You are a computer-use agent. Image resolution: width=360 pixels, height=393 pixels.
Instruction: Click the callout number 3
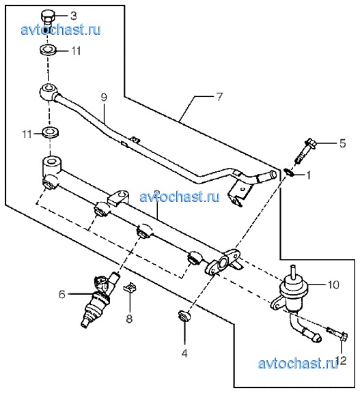[x=73, y=16]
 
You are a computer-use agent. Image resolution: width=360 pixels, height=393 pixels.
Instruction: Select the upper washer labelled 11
[x=48, y=49]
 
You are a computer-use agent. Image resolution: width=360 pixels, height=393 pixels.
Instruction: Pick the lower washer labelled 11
[x=51, y=132]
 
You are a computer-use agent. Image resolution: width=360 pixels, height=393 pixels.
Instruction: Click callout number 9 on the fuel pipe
[x=104, y=98]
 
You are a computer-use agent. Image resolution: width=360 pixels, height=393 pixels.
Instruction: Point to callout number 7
[x=219, y=97]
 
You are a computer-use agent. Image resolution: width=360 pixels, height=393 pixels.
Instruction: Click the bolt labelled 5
[x=305, y=151]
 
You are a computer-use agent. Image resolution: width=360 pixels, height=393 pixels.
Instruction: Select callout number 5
[x=342, y=143]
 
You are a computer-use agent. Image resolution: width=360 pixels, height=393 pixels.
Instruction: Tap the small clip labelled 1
[x=289, y=173]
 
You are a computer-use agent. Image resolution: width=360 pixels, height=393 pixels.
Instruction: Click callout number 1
[x=309, y=175]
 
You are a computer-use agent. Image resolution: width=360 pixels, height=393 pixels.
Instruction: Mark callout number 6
[x=62, y=294]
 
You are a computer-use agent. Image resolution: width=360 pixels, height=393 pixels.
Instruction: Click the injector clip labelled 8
[x=130, y=287]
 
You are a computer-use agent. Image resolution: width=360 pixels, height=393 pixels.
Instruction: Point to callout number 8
[x=129, y=319]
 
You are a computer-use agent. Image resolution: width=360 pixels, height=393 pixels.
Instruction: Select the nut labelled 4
[x=184, y=315]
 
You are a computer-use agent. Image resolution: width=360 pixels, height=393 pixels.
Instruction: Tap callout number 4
[x=184, y=353]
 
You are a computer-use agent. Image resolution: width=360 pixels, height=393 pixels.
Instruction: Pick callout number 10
[x=333, y=285]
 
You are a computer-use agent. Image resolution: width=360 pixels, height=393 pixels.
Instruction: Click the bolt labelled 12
[x=337, y=334]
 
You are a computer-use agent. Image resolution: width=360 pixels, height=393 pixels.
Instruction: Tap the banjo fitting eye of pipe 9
[x=47, y=91]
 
